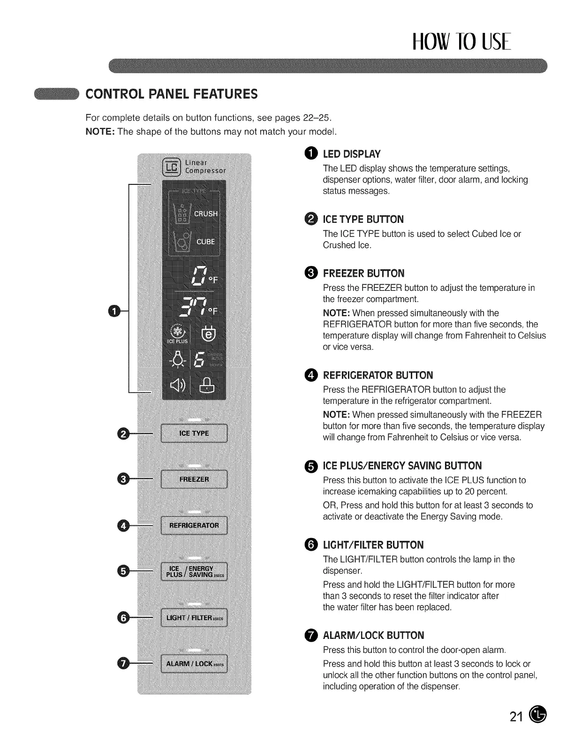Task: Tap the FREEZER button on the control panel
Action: coord(194,479)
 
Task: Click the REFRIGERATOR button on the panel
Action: coord(194,525)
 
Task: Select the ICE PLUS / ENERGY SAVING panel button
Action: coord(194,572)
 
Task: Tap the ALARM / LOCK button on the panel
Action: coord(194,664)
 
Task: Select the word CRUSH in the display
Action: coord(206,213)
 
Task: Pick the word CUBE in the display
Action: coord(205,242)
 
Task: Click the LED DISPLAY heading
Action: coord(352,154)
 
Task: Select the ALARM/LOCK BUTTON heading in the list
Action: coord(373,636)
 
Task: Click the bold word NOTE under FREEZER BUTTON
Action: coord(336,313)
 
